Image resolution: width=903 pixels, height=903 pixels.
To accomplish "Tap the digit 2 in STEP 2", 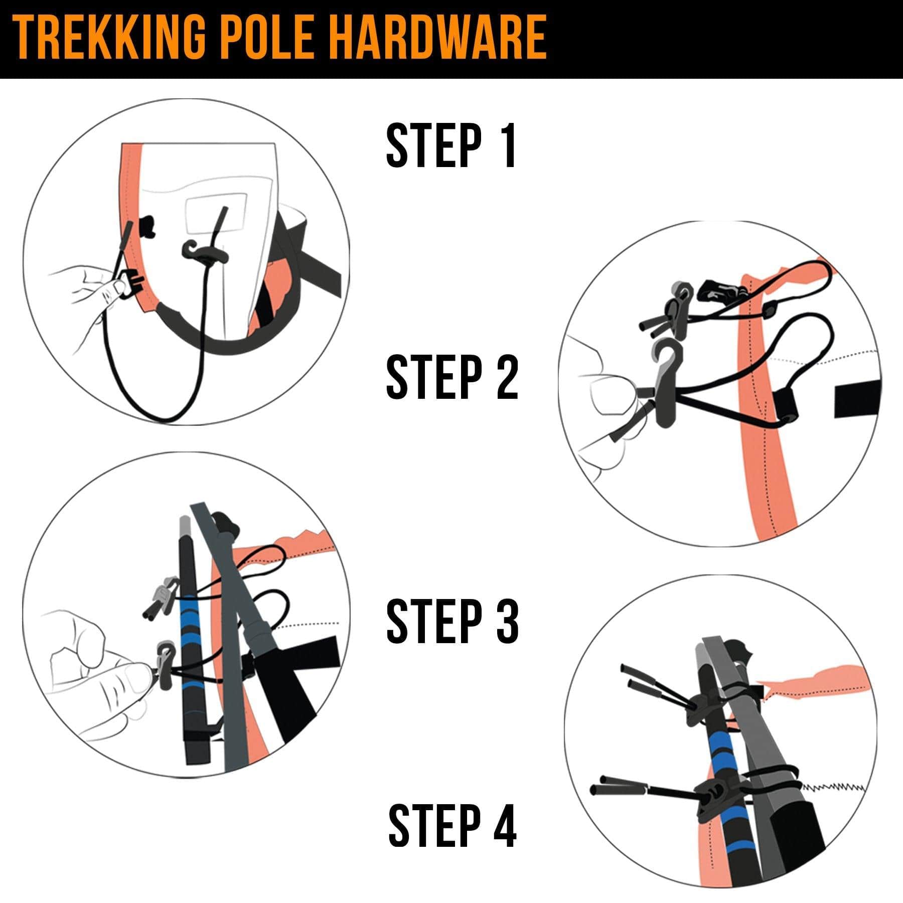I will tap(507, 377).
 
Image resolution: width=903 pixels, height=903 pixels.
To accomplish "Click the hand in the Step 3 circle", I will tap(95, 667).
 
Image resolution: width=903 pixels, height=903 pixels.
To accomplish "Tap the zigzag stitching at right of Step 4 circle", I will tap(833, 788).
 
